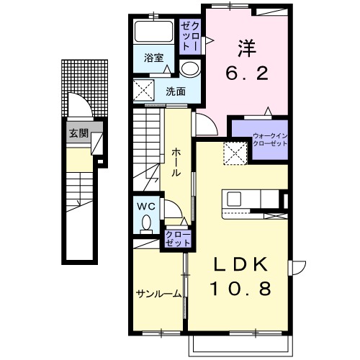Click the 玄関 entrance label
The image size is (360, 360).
pyautogui.click(x=78, y=133)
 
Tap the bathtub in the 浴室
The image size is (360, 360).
pyautogui.click(x=153, y=32)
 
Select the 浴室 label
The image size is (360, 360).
pyautogui.click(x=153, y=58)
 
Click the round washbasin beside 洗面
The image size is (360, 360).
pyautogui.click(x=190, y=68)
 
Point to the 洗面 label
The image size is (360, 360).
pyautogui.click(x=176, y=91)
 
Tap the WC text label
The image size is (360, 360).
pyautogui.click(x=146, y=206)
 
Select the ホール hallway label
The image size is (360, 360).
pyautogui.click(x=176, y=163)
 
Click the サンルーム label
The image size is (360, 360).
pyautogui.click(x=158, y=294)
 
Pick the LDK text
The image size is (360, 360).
pyautogui.click(x=240, y=264)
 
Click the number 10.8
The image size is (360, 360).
pyautogui.click(x=240, y=288)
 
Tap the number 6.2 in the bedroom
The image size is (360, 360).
pyautogui.click(x=247, y=73)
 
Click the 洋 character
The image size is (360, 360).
pyautogui.click(x=247, y=49)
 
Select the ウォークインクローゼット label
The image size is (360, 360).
pyautogui.click(x=270, y=140)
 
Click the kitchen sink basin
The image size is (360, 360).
pyautogui.click(x=234, y=199)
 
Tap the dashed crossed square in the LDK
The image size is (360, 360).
pyautogui.click(x=235, y=153)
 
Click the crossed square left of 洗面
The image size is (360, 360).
pyautogui.click(x=143, y=90)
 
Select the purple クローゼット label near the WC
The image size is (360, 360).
pyautogui.click(x=178, y=238)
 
